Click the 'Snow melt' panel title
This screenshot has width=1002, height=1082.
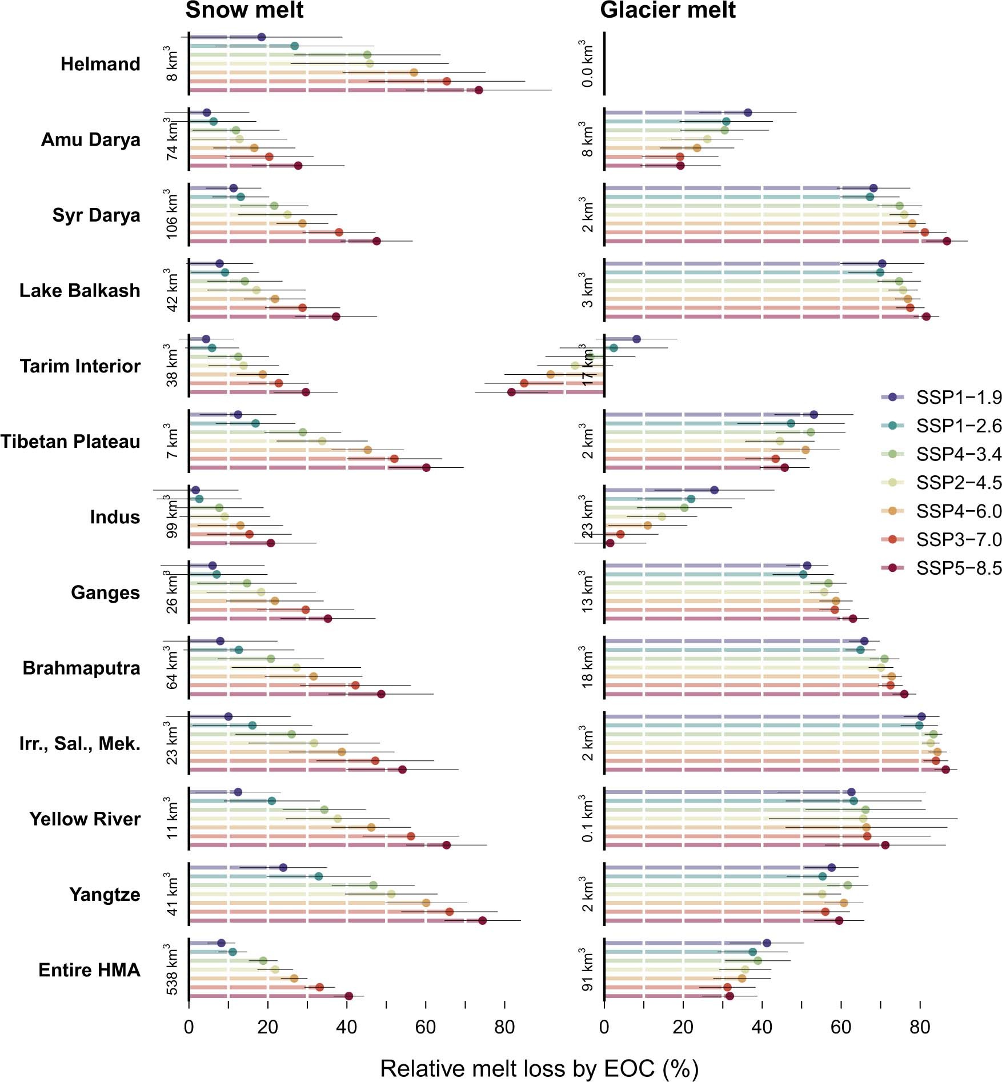pos(245,10)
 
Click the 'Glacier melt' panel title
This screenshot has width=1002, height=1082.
pos(667,10)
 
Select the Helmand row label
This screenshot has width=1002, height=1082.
pos(101,64)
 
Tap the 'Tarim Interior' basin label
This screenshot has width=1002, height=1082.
pos(80,366)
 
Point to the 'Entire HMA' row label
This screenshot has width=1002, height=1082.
pos(89,970)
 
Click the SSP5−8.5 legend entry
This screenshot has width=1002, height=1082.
pos(959,568)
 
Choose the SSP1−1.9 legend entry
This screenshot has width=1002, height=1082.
pos(959,397)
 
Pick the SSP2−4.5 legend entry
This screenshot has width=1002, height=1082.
pos(959,483)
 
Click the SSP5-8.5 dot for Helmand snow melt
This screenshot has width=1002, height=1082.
pos(479,90)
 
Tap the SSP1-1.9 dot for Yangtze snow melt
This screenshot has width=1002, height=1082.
pos(283,868)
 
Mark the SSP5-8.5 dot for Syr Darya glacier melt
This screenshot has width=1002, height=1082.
pos(947,241)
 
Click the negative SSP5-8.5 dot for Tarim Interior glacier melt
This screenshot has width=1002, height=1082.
pos(511,392)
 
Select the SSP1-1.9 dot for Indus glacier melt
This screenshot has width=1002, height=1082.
pos(714,490)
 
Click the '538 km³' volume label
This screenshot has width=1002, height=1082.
pos(171,969)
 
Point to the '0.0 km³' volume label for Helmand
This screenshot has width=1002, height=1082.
pos(587,64)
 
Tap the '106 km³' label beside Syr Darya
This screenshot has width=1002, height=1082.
pos(171,215)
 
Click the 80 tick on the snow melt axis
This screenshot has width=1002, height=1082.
pos(504,1028)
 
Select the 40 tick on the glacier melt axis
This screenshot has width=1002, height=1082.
pos(762,1028)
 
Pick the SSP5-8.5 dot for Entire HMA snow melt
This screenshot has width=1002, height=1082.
pos(349,996)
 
